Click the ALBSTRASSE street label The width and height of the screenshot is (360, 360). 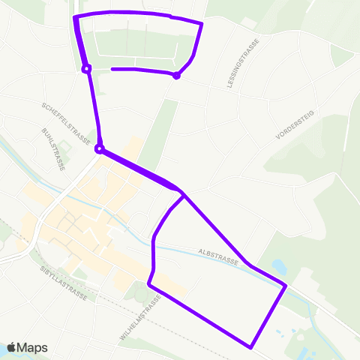click(x=218, y=257)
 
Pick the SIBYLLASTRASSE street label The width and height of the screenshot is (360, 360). click(x=64, y=283)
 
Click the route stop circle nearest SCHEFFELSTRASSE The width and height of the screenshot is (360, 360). click(x=99, y=148)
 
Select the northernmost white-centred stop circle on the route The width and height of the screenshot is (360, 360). click(x=86, y=69)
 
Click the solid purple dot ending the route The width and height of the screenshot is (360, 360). click(x=176, y=75)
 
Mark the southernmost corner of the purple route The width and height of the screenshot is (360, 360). click(x=250, y=346)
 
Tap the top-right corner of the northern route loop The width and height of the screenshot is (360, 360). click(x=202, y=24)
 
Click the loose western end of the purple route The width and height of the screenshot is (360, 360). click(x=112, y=69)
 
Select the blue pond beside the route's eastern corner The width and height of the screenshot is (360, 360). click(x=278, y=266)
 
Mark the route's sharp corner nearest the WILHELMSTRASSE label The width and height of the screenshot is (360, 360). click(x=149, y=285)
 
